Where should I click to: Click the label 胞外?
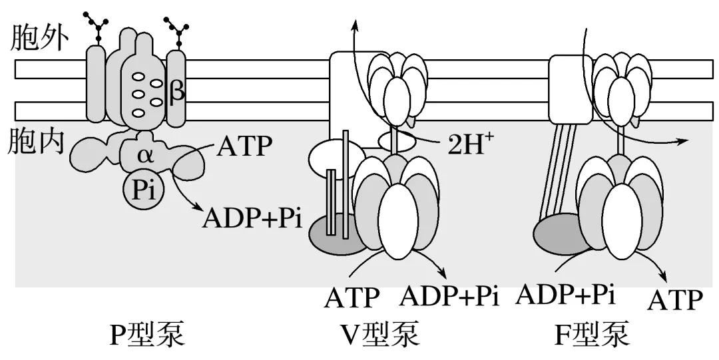point(39,41)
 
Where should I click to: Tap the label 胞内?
point(39,143)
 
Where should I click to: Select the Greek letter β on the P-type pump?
point(178,91)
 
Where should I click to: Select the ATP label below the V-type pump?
point(352,297)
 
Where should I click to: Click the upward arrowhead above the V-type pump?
point(356,26)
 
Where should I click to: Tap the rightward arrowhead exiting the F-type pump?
point(683,141)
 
